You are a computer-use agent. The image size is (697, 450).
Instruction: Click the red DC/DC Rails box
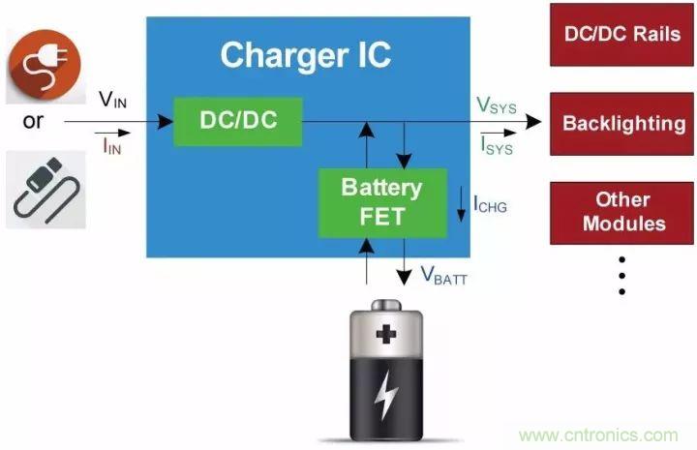click(x=621, y=34)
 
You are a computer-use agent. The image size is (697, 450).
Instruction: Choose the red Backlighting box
click(x=622, y=124)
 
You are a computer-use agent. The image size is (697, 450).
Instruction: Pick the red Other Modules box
click(x=622, y=211)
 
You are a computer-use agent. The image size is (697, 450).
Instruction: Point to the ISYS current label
click(x=496, y=147)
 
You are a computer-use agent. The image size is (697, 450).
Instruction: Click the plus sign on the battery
click(x=388, y=336)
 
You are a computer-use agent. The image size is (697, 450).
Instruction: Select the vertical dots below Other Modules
click(x=621, y=275)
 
